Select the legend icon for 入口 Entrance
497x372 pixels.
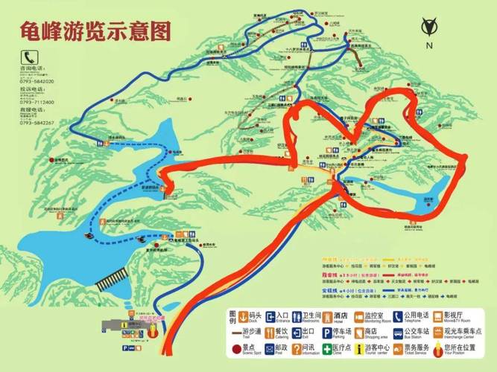[270, 315]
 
